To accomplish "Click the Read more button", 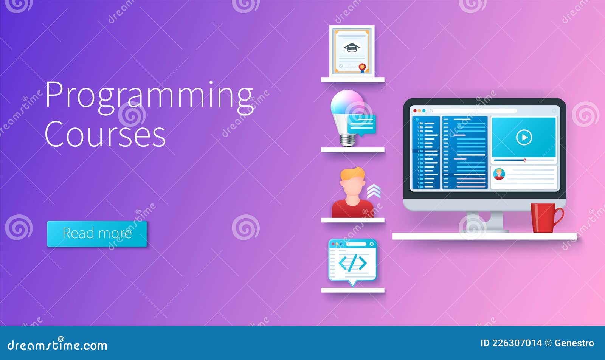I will point(97,234).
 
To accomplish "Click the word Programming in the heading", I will point(149,96).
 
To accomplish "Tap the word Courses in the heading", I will point(105,135).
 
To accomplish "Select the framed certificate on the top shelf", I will point(352,51).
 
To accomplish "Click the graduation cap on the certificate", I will point(352,48).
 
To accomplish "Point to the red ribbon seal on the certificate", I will point(362,68).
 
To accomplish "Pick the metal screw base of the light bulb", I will point(347,140).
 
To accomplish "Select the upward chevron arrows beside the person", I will point(374,191).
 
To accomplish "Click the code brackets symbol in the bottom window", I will point(352,263).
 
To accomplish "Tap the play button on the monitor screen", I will point(524,137).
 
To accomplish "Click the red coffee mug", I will point(543,217).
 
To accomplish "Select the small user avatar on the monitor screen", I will point(499,174).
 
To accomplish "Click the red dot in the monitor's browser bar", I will point(415,111).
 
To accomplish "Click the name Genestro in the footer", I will point(574,343).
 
